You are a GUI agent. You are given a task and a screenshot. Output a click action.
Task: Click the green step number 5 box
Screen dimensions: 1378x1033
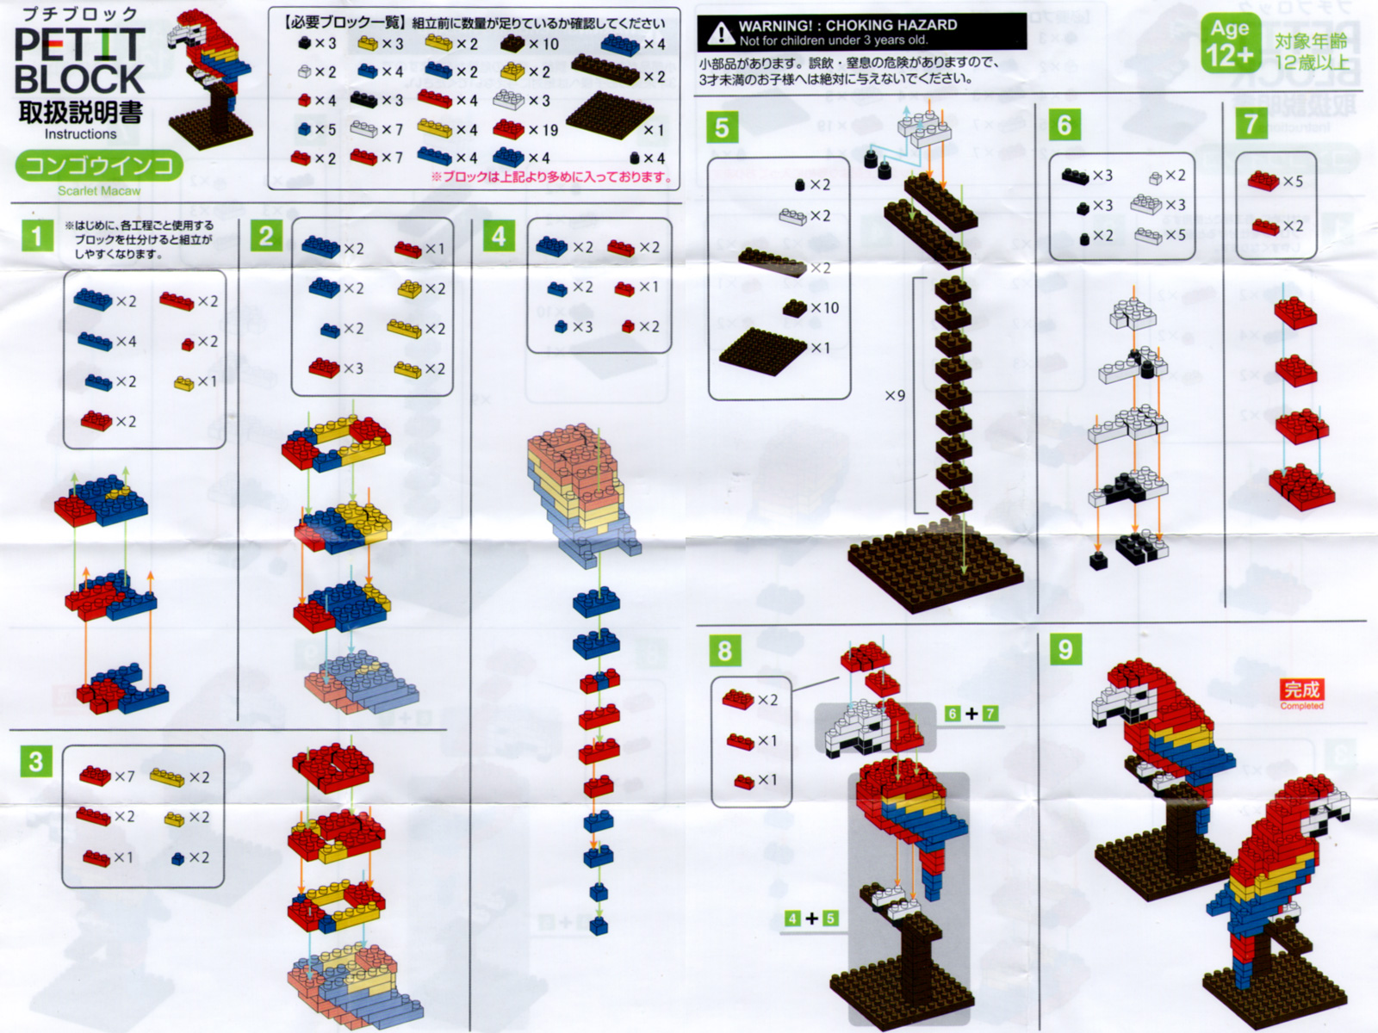coord(722,127)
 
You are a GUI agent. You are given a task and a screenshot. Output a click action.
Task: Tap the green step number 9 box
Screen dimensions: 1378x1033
coord(1065,649)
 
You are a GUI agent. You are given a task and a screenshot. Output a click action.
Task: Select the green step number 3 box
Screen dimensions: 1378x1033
coord(36,762)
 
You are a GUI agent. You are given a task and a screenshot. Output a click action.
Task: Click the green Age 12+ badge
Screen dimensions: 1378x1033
coord(1231,43)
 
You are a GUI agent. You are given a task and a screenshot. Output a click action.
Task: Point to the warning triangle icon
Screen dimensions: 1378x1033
coord(721,34)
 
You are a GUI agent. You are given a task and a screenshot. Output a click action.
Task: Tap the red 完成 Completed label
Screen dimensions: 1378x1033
coord(1301,694)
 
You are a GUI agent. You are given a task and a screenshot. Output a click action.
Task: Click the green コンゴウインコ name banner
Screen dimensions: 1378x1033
coord(99,165)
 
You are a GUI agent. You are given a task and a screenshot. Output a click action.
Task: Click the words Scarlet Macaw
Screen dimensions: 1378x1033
coord(99,190)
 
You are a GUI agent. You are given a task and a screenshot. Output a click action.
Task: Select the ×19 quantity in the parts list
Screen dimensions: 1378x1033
coord(543,130)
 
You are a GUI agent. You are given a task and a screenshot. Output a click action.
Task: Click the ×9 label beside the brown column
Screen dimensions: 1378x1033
coord(895,395)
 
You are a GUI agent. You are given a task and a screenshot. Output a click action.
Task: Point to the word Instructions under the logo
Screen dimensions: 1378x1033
coord(80,133)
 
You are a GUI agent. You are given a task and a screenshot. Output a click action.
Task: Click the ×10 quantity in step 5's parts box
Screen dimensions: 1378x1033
coord(824,308)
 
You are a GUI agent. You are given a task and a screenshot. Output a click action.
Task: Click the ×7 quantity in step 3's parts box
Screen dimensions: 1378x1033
coord(124,776)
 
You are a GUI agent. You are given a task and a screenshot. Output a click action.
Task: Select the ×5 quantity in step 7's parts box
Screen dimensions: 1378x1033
coord(1293,182)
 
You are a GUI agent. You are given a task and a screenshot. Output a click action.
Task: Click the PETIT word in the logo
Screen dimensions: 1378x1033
coord(80,45)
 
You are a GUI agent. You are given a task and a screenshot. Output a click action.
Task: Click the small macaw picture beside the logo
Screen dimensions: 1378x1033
coord(210,78)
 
